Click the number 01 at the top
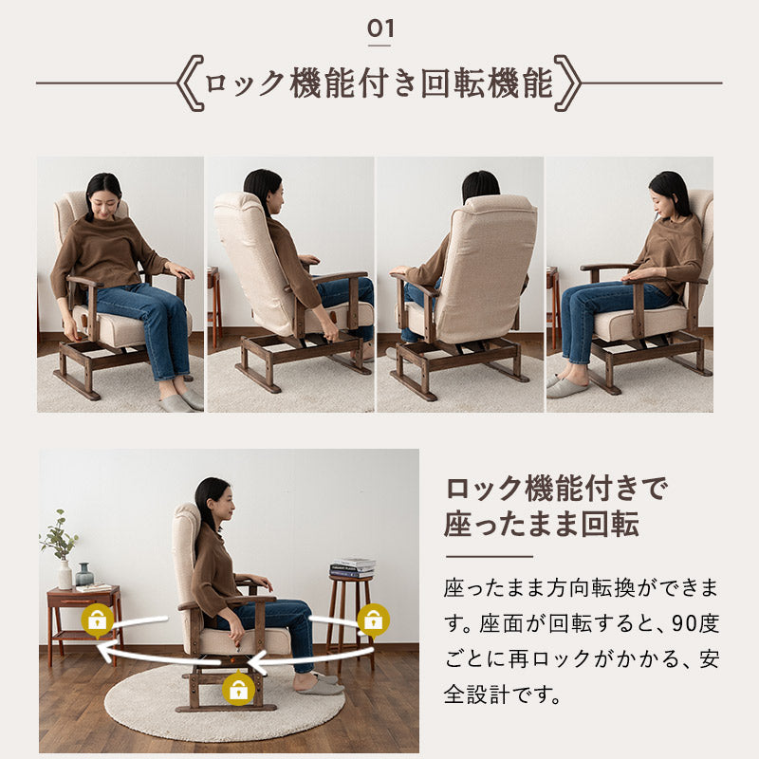click(379, 28)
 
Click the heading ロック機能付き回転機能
click(379, 84)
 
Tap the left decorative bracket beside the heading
click(190, 84)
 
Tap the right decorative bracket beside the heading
click(568, 84)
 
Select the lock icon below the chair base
click(238, 690)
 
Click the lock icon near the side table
click(98, 621)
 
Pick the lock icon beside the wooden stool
click(373, 620)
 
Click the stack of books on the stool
click(352, 567)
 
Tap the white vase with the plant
click(65, 573)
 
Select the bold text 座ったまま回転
click(541, 524)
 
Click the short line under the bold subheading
click(489, 556)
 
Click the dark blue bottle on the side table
click(84, 575)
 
